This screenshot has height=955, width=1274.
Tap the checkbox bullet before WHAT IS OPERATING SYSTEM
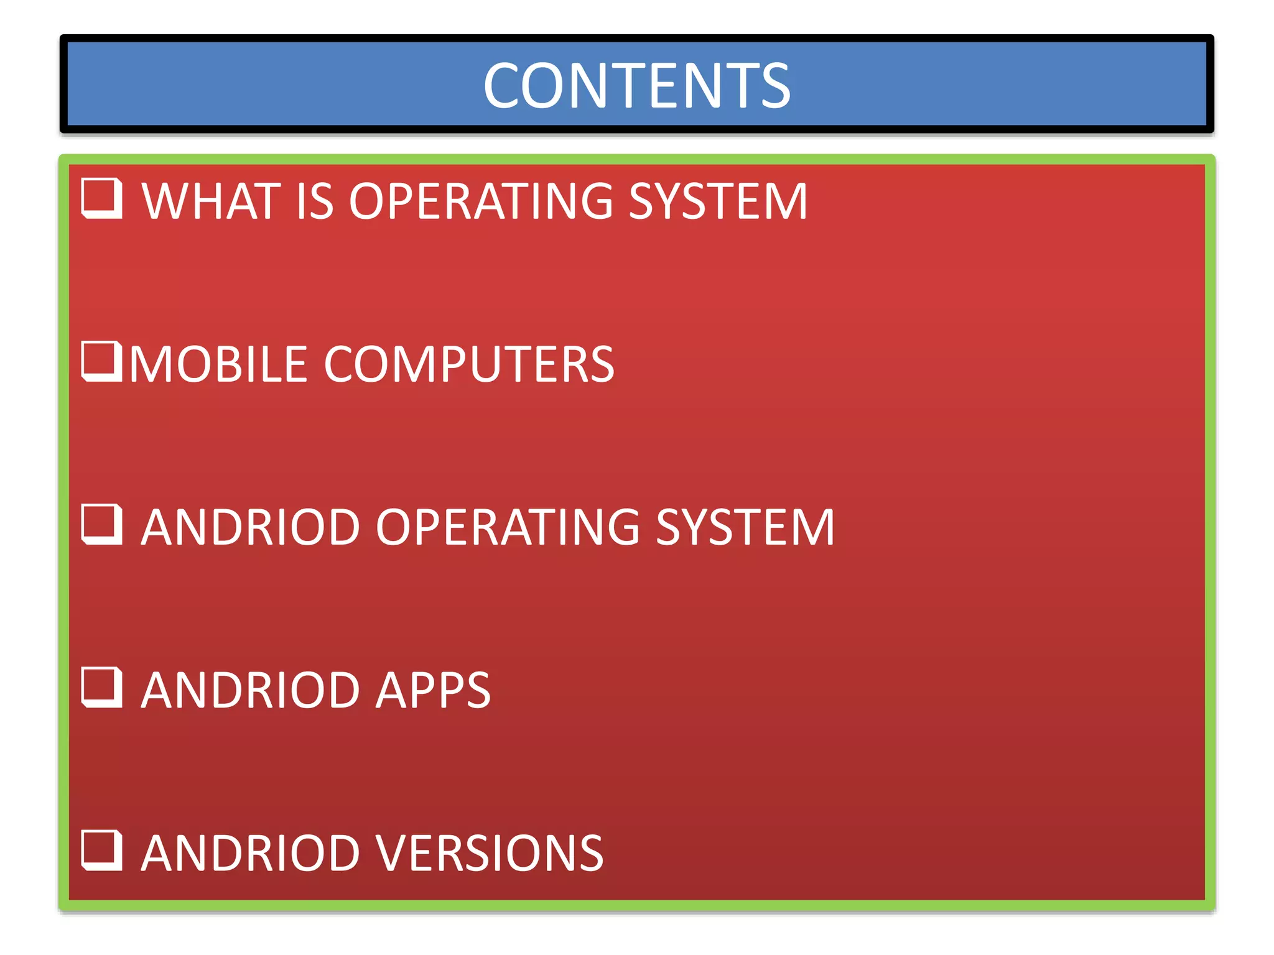click(101, 198)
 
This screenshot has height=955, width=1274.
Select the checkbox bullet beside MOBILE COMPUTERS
click(101, 361)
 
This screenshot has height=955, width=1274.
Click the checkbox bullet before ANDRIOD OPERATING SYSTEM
click(101, 524)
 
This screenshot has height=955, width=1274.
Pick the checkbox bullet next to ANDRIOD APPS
click(101, 687)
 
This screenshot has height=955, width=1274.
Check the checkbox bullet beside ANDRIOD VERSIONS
click(101, 850)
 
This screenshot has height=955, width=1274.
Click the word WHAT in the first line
click(211, 201)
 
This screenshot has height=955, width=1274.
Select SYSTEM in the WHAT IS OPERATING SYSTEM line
click(718, 201)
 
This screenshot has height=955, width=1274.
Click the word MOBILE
click(218, 364)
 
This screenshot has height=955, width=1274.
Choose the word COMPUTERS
click(469, 364)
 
